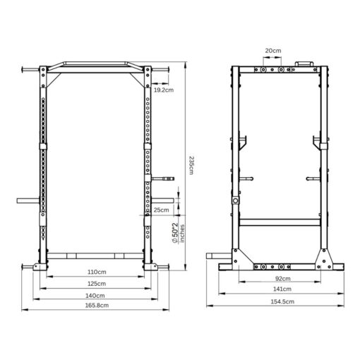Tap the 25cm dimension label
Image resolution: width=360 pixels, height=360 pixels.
point(161,210)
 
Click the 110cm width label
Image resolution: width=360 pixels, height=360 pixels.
point(97,272)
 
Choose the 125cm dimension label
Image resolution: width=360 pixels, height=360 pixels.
point(97,284)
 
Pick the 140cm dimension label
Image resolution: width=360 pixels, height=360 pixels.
point(97,295)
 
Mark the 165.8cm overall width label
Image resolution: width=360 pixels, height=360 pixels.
point(97,306)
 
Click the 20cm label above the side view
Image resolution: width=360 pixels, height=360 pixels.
point(272,51)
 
